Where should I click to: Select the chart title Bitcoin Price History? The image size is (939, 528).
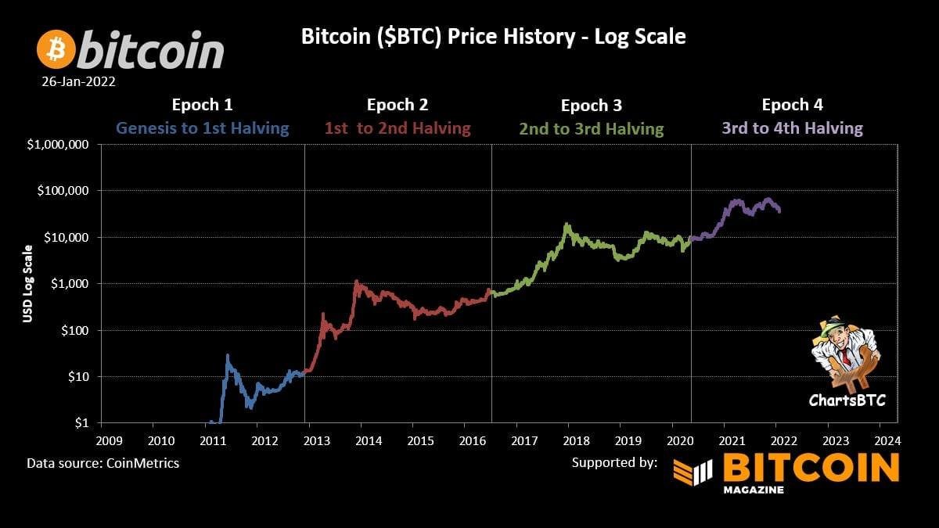493,37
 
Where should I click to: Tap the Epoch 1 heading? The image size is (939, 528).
202,104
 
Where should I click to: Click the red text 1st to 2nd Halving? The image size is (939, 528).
398,128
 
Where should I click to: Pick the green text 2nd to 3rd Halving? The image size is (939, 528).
591,128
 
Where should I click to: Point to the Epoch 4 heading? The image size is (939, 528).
792,104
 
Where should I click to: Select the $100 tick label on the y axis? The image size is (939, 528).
76,330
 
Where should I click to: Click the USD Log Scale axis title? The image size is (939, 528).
27,284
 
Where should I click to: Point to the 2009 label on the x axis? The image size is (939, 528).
109,440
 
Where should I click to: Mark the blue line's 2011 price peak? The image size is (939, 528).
228,356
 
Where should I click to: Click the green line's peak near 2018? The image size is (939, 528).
566,224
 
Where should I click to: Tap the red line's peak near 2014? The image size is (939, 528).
357,281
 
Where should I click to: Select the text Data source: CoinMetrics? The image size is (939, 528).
103,463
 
